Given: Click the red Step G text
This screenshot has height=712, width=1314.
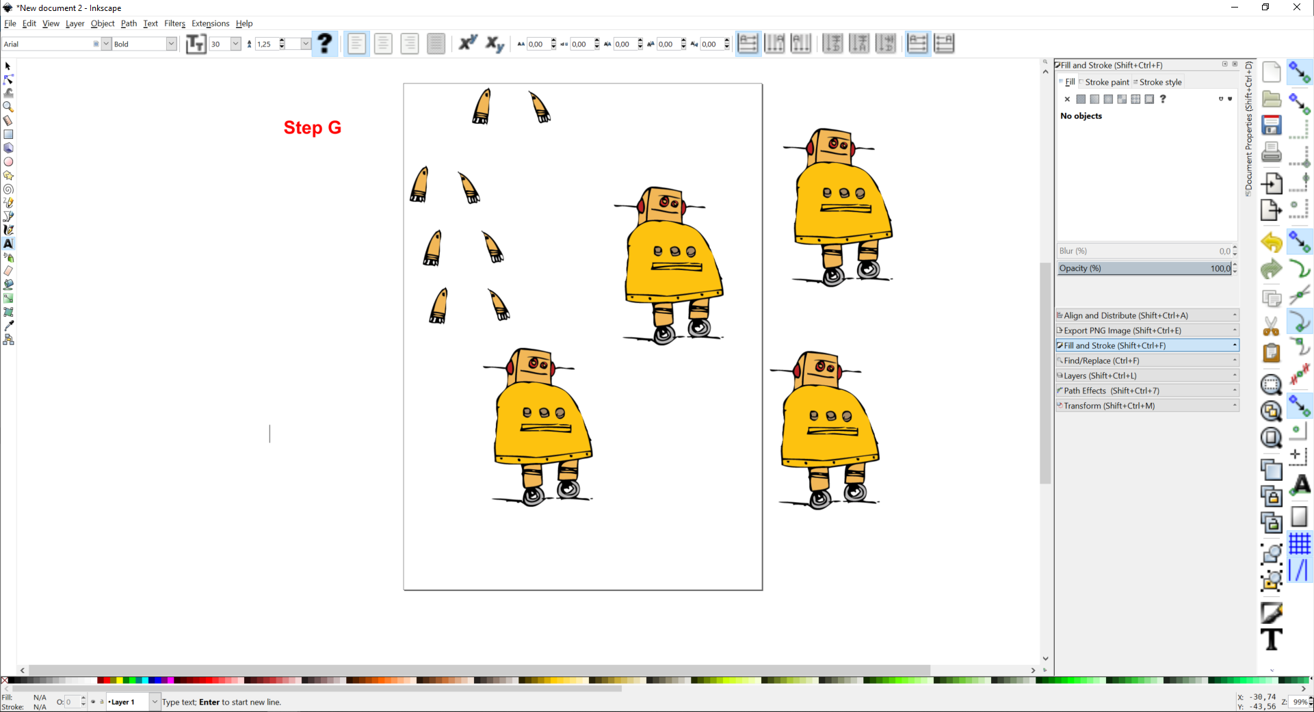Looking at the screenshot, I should [313, 128].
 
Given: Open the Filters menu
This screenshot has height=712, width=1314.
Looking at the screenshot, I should [174, 23].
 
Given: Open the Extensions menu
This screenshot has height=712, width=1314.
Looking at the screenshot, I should [210, 23].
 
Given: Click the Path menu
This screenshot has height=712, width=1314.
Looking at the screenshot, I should [129, 23].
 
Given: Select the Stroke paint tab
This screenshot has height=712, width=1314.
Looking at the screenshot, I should [1107, 82].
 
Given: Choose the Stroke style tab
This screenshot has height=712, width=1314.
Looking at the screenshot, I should [1160, 82].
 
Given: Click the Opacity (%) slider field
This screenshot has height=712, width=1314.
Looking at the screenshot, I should [1144, 268].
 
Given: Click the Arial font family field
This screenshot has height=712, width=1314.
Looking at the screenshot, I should [48, 44].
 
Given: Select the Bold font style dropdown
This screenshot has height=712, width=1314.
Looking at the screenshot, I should [140, 44].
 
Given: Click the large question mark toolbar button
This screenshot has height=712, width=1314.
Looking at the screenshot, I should [325, 44].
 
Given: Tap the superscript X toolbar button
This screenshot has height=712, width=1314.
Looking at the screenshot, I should [468, 43].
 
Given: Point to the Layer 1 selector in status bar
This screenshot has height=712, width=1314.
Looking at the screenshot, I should [130, 702].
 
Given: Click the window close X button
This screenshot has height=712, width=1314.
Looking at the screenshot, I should [1296, 8].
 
